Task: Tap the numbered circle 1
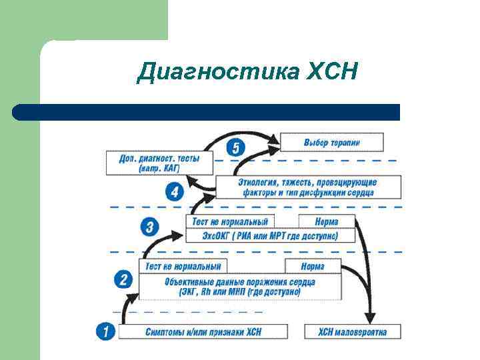click(105, 331)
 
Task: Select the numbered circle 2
click(124, 279)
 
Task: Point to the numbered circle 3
click(149, 227)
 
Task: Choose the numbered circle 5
click(235, 147)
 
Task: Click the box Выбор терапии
click(332, 142)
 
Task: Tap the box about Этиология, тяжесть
click(307, 187)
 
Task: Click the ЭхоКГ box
click(269, 236)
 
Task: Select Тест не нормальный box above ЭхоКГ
click(229, 221)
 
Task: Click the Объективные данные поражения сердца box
click(240, 287)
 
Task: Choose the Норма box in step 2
click(313, 266)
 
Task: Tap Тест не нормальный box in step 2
click(183, 266)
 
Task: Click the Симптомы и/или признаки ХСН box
click(203, 331)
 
